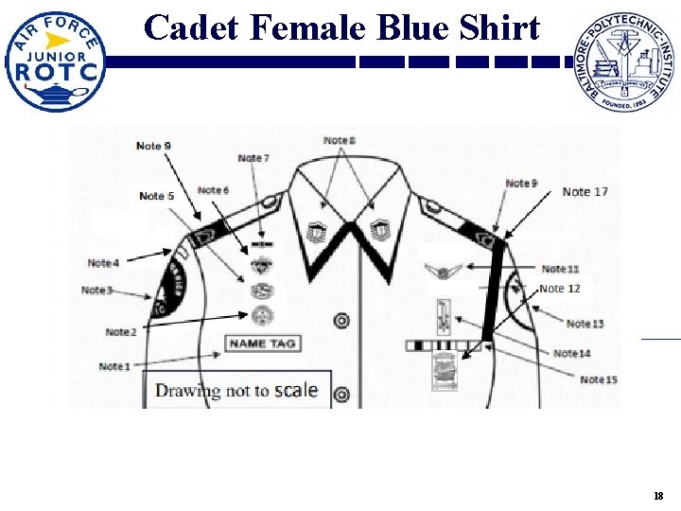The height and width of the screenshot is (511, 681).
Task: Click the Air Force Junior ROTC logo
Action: (x=55, y=62)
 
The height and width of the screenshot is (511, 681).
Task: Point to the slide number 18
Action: (x=658, y=497)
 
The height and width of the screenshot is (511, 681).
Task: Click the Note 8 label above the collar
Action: (x=340, y=141)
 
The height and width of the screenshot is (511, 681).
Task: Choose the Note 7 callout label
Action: (x=253, y=158)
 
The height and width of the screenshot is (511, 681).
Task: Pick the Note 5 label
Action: (x=157, y=196)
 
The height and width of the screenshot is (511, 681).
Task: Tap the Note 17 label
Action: (x=585, y=192)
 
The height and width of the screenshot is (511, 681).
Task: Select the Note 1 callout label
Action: (x=115, y=365)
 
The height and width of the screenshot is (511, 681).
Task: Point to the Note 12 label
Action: (x=560, y=289)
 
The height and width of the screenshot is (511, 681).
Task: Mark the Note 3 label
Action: (x=97, y=290)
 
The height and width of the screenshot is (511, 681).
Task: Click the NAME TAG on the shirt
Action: (x=261, y=343)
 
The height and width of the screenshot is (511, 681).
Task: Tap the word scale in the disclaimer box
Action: (x=295, y=390)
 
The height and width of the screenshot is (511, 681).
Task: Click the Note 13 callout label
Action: (x=585, y=325)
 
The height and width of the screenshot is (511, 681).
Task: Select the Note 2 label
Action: (x=121, y=332)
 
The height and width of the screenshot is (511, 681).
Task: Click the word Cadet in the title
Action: (x=191, y=28)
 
